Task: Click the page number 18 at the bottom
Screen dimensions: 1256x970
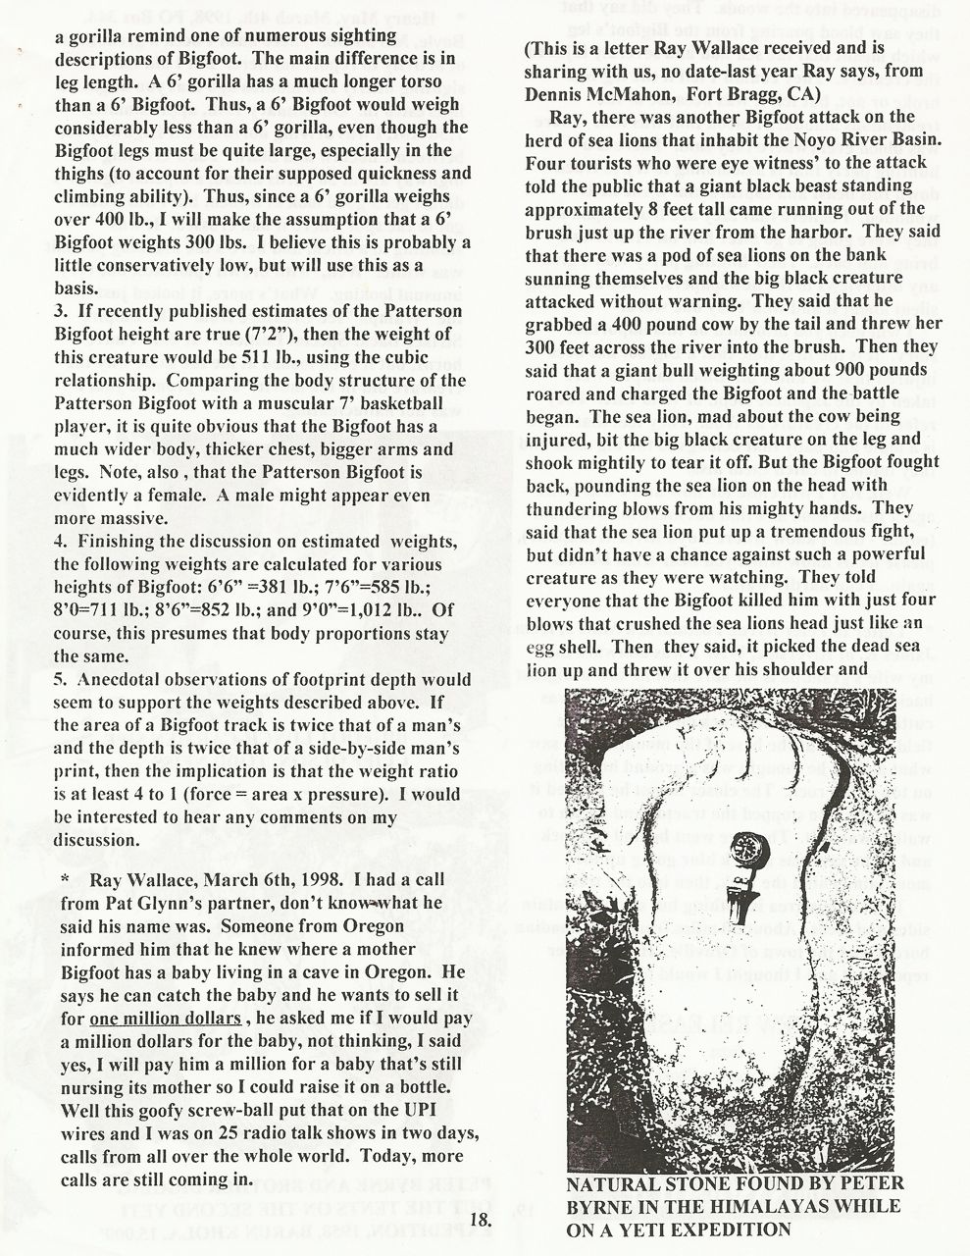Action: pyautogui.click(x=479, y=1220)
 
